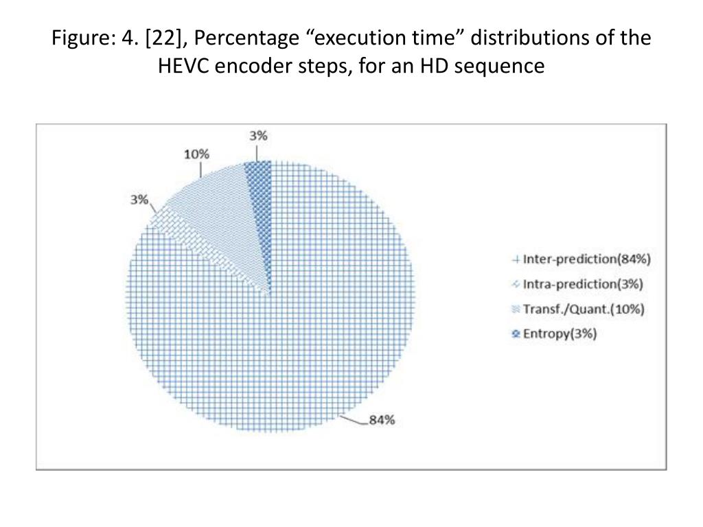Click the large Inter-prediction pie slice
click(288, 343)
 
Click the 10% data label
click(196, 154)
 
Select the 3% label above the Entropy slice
click(259, 136)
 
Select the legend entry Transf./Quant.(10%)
click(584, 309)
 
